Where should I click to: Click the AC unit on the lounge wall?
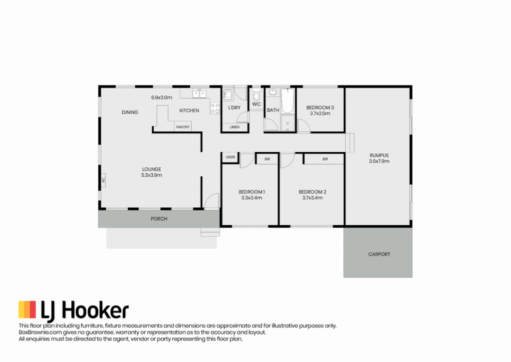pyautogui.click(x=103, y=180)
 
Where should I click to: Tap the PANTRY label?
pyautogui.click(x=183, y=127)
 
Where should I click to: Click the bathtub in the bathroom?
pyautogui.click(x=287, y=101)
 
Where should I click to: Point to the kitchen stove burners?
pyautogui.click(x=215, y=108)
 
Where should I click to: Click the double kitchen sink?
pyautogui.click(x=199, y=94)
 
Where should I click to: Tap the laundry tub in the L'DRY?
pyautogui.click(x=228, y=94)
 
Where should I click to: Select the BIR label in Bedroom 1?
pyautogui.click(x=267, y=159)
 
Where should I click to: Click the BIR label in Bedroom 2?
pyautogui.click(x=325, y=159)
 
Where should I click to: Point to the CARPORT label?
pyautogui.click(x=379, y=254)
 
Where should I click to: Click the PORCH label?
pyautogui.click(x=159, y=219)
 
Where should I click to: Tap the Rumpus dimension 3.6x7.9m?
pyautogui.click(x=379, y=161)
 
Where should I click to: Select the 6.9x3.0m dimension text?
pyautogui.click(x=162, y=97)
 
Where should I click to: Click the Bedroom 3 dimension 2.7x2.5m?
pyautogui.click(x=320, y=113)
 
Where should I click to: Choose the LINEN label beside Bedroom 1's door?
pyautogui.click(x=230, y=157)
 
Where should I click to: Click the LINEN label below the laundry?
pyautogui.click(x=235, y=127)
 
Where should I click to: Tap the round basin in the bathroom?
pyautogui.click(x=273, y=92)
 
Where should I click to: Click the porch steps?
pyautogui.click(x=210, y=232)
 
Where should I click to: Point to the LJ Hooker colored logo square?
pyautogui.click(x=27, y=310)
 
